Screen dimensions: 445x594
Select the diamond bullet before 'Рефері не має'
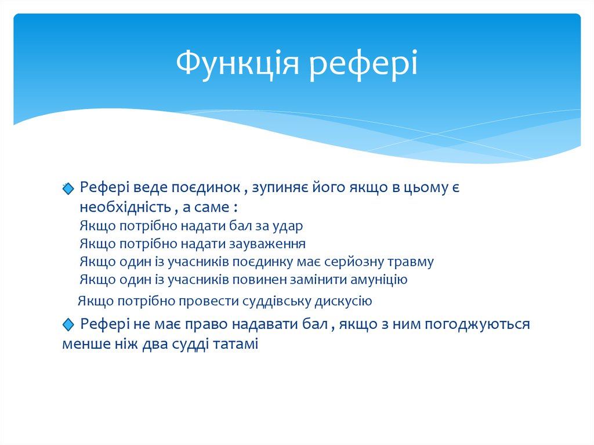(69, 324)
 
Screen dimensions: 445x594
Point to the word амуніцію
(379, 280)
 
